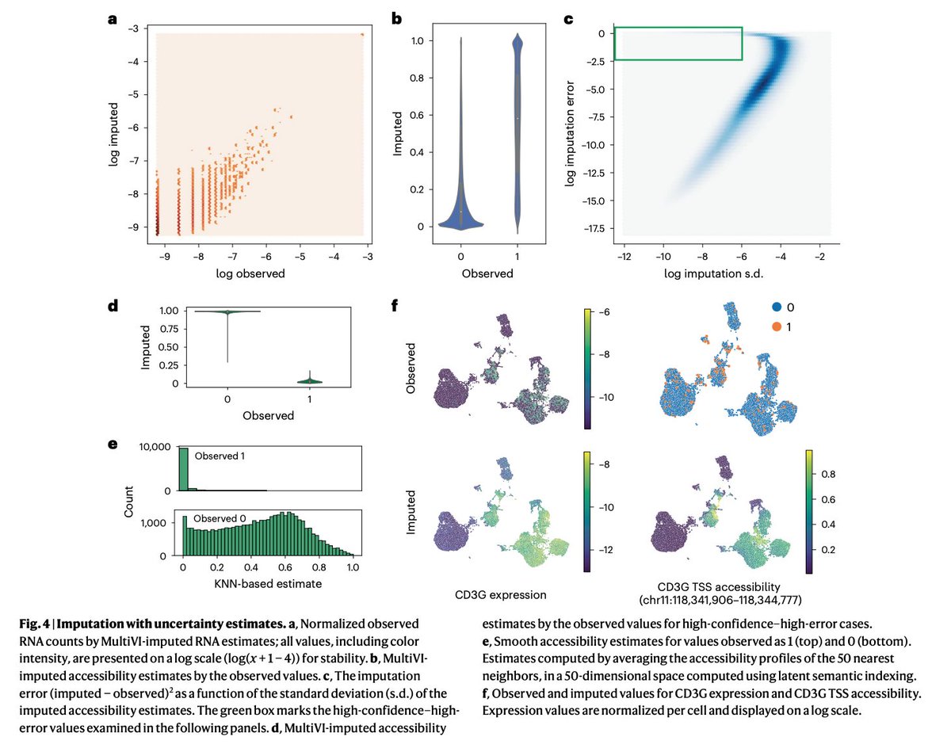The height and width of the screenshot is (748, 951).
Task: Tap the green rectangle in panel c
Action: click(678, 44)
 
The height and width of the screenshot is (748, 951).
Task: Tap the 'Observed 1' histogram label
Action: click(221, 456)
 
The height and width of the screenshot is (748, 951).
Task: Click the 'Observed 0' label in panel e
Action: click(221, 517)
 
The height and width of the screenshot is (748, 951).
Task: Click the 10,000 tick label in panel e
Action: click(147, 446)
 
